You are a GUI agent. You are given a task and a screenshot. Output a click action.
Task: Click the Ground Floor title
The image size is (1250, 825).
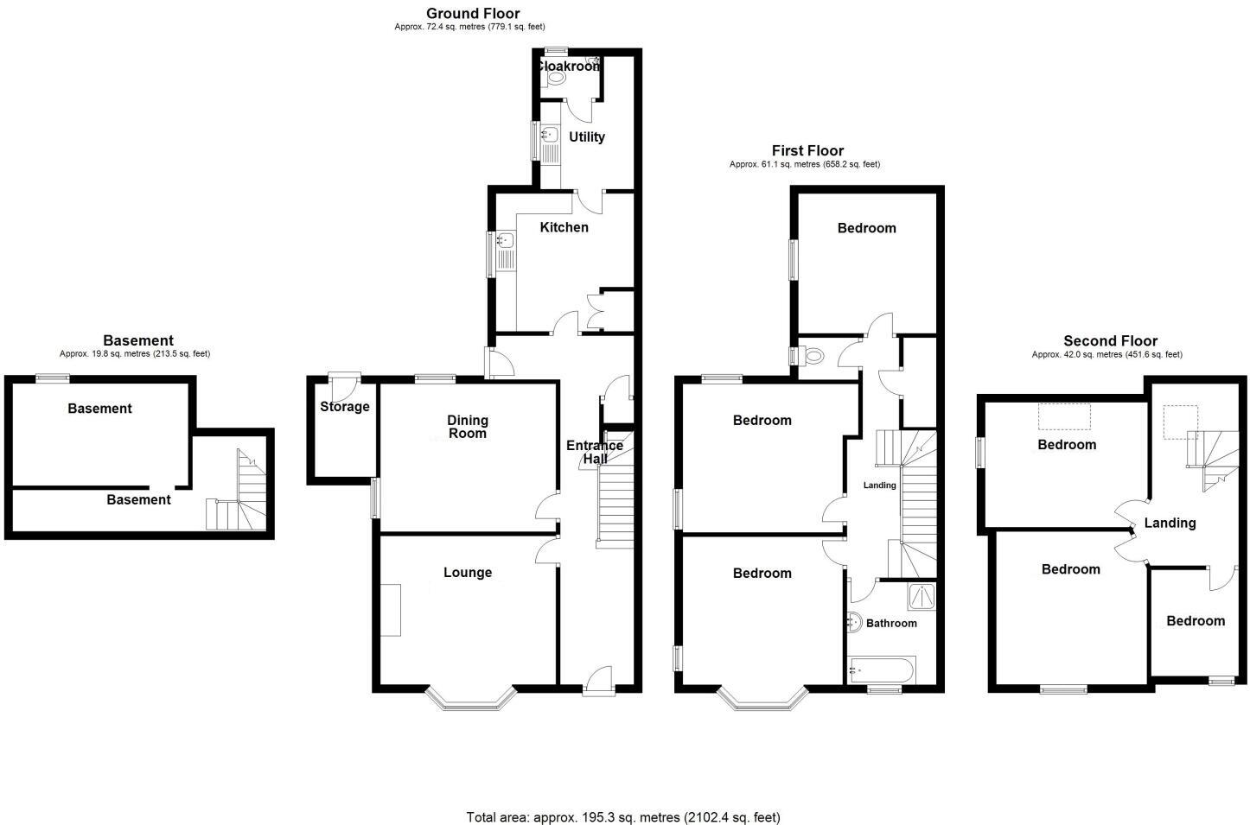point(473,13)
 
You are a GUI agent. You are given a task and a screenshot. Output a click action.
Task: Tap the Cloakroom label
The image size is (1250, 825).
point(568,66)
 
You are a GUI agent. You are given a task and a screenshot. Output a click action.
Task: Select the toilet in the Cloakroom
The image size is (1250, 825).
point(555,78)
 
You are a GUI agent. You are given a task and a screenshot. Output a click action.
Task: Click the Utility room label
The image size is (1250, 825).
point(586,136)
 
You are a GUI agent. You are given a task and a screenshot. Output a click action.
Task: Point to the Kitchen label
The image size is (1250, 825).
point(564,227)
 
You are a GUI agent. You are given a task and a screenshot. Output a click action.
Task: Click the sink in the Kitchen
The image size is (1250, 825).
point(505,241)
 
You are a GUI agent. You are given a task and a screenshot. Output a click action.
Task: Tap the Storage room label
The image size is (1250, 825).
point(344,407)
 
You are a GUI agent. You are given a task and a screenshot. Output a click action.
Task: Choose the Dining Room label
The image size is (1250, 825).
point(468,427)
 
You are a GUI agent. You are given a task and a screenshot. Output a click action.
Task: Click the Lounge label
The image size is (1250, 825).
point(468,572)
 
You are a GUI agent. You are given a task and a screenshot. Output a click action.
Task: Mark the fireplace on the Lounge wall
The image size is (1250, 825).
point(391,610)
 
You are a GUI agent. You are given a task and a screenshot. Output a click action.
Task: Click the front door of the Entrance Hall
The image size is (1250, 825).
point(597,680)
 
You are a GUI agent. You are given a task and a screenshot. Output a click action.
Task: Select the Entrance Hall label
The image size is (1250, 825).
point(595,452)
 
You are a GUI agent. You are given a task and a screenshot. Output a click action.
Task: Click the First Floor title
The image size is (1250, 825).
point(807,151)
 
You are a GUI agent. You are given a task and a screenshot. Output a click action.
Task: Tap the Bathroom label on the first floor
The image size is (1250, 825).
point(891,623)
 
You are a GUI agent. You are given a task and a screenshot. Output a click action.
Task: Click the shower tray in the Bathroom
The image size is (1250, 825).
point(922,596)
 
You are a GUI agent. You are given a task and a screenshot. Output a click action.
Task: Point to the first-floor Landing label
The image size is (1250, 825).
point(879,485)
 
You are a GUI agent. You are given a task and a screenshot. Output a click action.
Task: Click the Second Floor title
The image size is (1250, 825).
point(1110,341)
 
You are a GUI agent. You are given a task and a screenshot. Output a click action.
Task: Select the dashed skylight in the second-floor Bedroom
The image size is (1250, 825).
point(1064,416)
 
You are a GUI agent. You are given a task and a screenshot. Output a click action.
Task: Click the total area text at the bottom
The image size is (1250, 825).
point(623,816)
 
